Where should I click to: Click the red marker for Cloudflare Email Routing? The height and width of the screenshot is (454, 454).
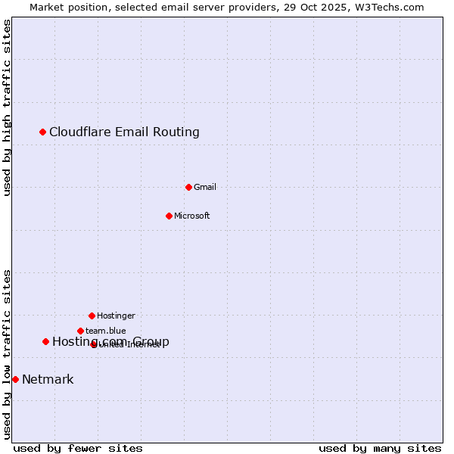43,132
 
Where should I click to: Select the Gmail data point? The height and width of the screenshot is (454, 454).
188,187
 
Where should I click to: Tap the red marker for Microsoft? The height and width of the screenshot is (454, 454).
169,216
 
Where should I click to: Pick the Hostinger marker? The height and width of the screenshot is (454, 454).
92,316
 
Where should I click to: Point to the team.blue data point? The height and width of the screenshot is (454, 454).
80,331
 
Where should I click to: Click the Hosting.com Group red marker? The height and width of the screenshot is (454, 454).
45,341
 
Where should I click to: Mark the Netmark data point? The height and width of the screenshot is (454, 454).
15,379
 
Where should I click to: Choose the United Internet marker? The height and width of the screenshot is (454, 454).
94,344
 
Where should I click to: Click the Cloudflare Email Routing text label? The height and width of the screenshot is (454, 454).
124,132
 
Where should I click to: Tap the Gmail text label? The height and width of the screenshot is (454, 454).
205,188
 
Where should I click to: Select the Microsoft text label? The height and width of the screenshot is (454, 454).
192,216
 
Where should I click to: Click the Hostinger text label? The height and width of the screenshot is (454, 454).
116,316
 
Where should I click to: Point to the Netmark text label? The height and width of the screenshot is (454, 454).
48,380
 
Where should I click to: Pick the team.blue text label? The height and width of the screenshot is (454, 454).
106,331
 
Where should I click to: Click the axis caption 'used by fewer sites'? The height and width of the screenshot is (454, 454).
78,448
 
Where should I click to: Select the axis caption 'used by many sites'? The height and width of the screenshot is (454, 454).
380,448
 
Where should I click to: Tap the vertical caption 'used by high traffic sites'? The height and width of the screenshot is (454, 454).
7,107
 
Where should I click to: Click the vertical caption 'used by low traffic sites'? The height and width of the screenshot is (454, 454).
7,354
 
